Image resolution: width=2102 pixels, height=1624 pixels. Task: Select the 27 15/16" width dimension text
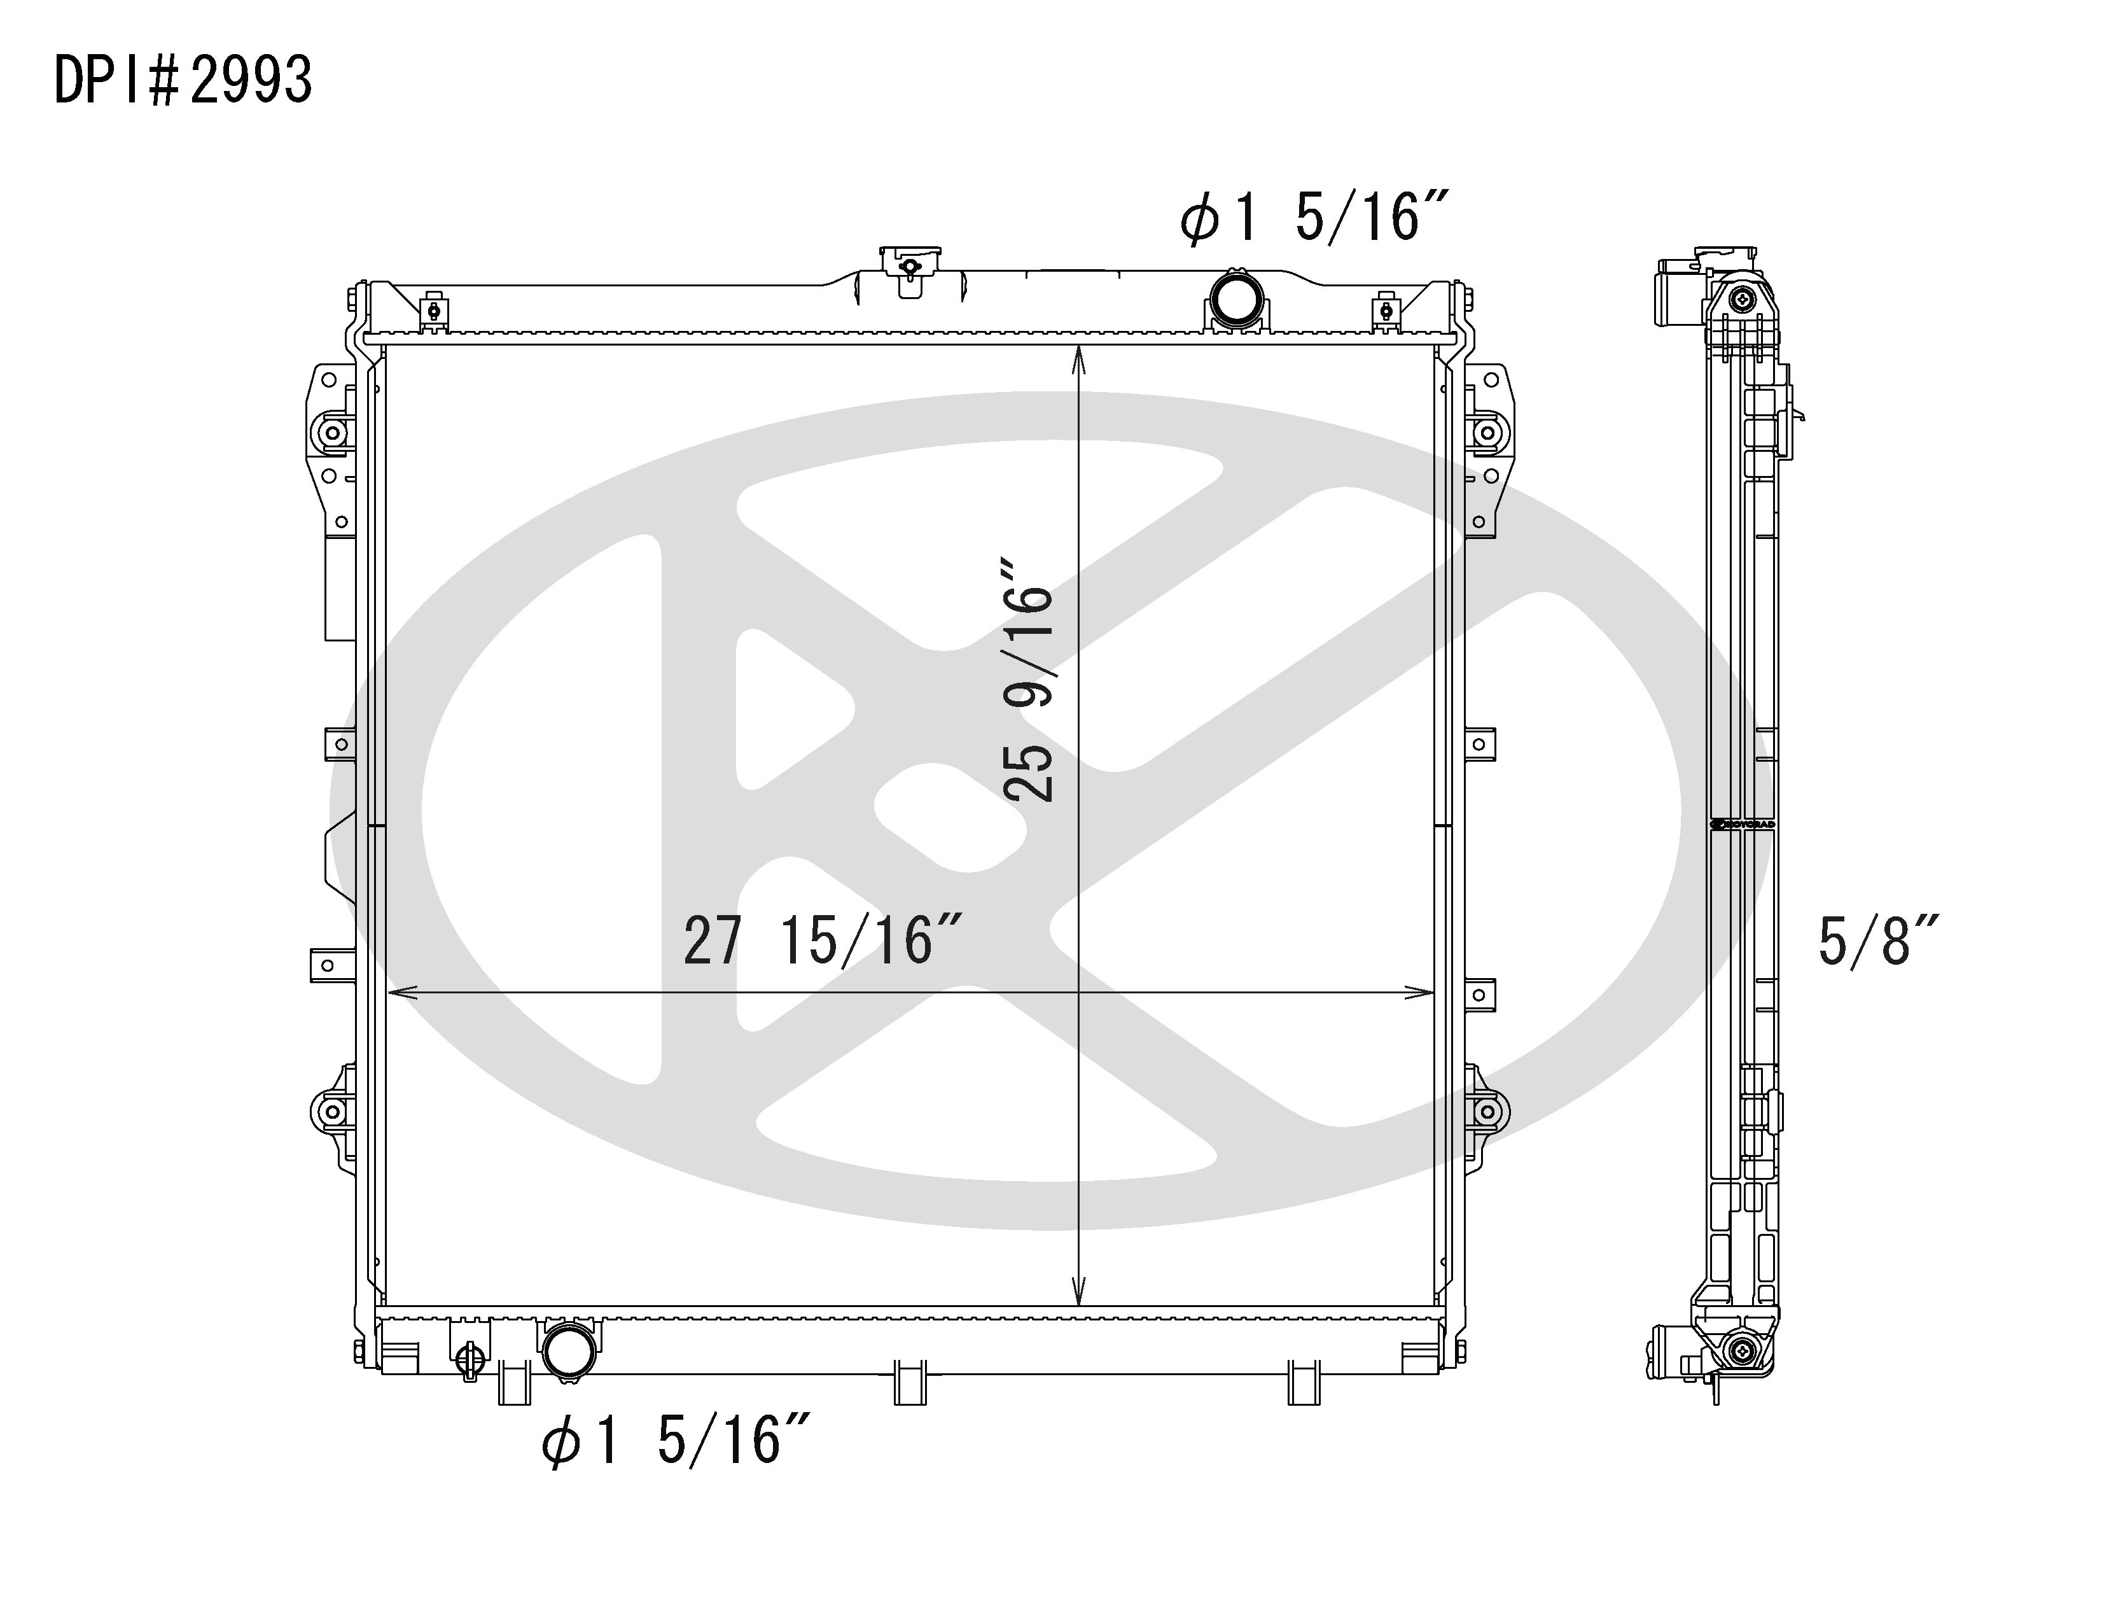click(x=822, y=941)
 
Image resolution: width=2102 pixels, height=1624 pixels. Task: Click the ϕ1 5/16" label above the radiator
click(x=1314, y=218)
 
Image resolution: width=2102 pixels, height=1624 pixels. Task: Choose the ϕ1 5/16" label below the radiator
click(x=676, y=1441)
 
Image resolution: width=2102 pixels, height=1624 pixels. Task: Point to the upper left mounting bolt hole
click(x=333, y=433)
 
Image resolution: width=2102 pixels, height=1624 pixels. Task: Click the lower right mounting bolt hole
click(x=1487, y=1112)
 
